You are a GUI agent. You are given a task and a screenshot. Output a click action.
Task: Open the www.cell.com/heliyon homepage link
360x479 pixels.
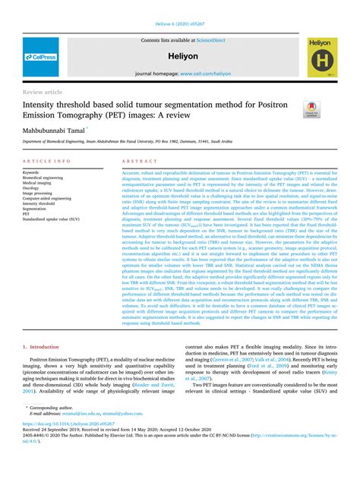(x=204, y=74)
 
